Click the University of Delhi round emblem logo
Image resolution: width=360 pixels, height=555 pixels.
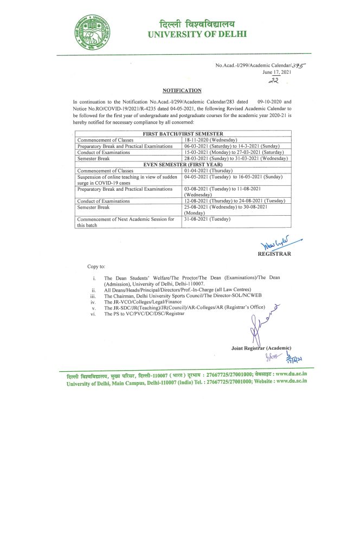[95, 32]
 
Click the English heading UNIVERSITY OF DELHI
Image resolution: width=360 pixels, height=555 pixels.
[196, 34]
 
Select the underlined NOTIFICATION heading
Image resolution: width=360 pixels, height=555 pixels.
[182, 91]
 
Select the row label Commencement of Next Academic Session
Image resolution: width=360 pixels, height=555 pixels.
[125, 222]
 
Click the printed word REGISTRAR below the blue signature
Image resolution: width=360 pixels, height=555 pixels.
[274, 254]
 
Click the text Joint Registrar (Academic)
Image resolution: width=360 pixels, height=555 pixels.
[261, 347]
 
